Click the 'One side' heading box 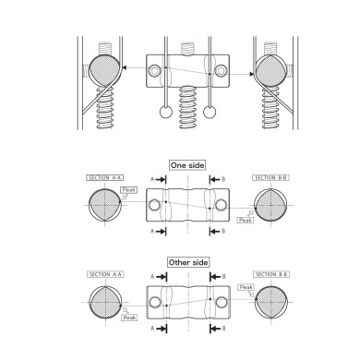(186, 165)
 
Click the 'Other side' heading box (186, 262)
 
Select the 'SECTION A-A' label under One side (104, 176)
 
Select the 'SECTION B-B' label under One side (270, 176)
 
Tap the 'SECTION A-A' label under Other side (104, 274)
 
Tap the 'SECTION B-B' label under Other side (270, 274)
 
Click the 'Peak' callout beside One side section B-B (245, 220)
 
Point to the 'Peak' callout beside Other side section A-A (128, 317)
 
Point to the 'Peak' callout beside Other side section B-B (246, 287)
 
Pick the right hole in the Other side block (218, 302)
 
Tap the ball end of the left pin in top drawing (163, 114)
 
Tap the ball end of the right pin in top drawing (211, 114)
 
